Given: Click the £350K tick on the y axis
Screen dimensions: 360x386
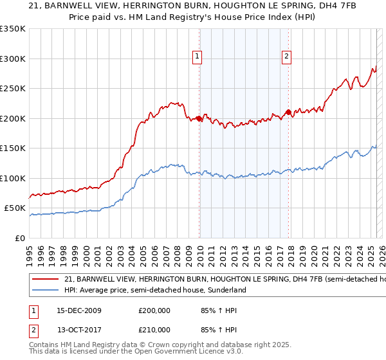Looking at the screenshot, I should click(13, 29).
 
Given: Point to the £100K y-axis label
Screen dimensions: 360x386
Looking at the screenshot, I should click(13, 178).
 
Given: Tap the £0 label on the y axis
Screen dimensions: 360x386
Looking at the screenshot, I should click(19, 238).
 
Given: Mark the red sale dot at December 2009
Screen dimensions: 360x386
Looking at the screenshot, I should click(199, 119).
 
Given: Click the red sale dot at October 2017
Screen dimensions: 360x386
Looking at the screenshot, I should click(288, 113).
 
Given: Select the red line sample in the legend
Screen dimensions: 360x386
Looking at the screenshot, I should click(46, 280).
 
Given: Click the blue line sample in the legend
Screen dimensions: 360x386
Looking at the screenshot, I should click(46, 290).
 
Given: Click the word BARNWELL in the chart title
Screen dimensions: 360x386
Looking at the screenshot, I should click(73, 6).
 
